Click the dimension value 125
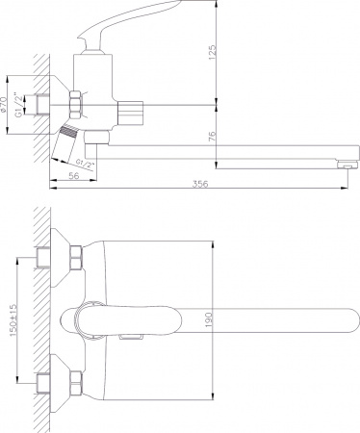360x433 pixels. tap(213, 53)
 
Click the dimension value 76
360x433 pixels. tap(213, 137)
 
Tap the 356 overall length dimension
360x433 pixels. tap(200, 184)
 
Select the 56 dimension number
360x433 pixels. tap(74, 175)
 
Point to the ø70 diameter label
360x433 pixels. tap(4, 104)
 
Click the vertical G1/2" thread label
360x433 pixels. tap(19, 105)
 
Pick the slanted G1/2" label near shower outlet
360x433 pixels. tap(86, 164)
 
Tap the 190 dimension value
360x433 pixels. tap(209, 319)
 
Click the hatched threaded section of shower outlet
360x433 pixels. tap(69, 132)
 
